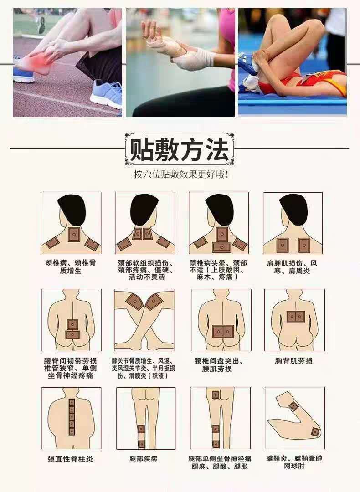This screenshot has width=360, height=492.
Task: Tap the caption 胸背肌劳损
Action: (294, 361)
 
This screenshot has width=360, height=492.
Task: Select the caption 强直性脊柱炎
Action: (71, 459)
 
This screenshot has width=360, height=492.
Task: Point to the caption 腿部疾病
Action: (143, 459)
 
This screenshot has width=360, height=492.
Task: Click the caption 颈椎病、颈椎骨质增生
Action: (71, 266)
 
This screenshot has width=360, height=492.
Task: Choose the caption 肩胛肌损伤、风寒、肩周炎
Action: (292, 266)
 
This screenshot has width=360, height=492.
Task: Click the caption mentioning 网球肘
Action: (294, 462)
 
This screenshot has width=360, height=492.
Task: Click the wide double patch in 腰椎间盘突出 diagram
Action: (223, 331)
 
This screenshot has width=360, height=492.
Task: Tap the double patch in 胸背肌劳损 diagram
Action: (296, 317)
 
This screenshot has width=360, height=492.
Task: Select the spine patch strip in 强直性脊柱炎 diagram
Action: (72, 417)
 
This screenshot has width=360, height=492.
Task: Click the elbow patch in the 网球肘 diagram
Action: (315, 432)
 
